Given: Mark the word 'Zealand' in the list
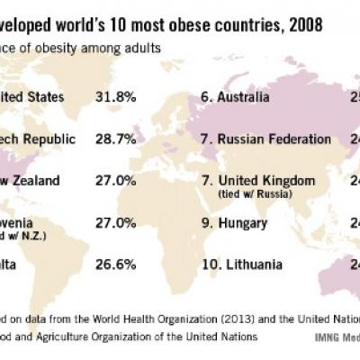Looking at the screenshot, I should [x=37, y=181].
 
